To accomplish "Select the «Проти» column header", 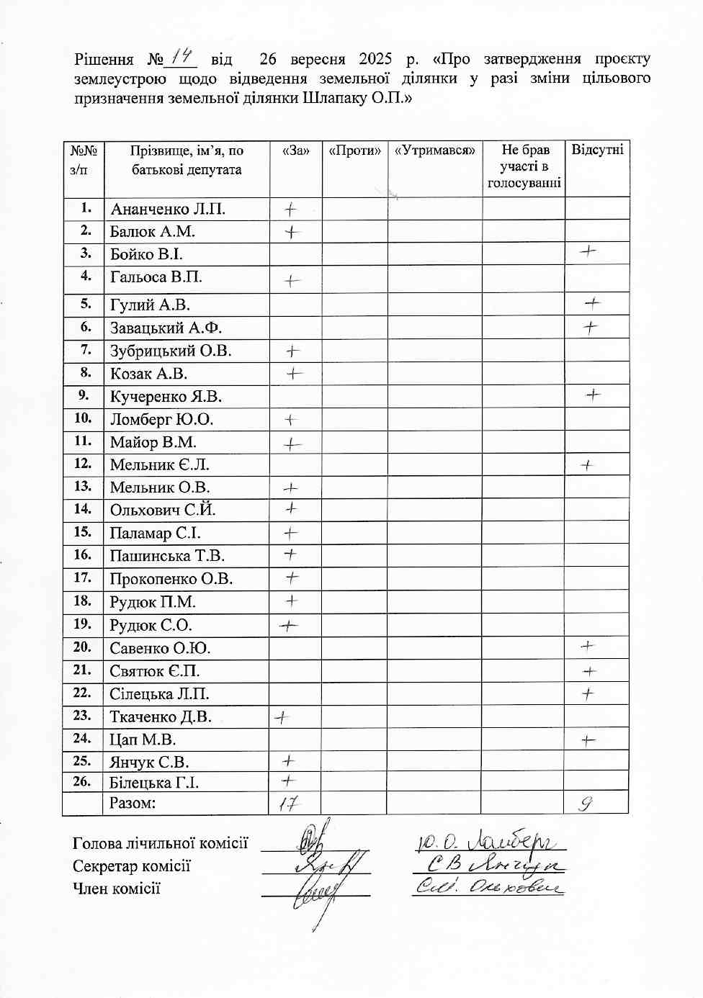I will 354,150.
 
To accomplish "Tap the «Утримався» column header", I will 435,150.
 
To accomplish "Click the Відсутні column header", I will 597,150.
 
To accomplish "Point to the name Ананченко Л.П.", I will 168,210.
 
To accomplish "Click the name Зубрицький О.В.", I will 171,351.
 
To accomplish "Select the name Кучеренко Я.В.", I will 166,397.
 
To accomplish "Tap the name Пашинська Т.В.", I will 167,556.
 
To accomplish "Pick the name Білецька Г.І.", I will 154,783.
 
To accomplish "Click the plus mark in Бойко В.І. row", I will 588,251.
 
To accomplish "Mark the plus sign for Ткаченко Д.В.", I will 282,717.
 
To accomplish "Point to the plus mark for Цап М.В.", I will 588,739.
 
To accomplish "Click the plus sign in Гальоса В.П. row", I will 291,280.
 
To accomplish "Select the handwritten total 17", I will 288,804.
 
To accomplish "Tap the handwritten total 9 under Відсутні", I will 586,803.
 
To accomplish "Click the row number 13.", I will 83,487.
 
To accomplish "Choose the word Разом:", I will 133,803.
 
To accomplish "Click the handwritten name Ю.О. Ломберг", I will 491,840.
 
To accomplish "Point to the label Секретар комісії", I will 132,866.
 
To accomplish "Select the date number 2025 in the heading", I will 375,58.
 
